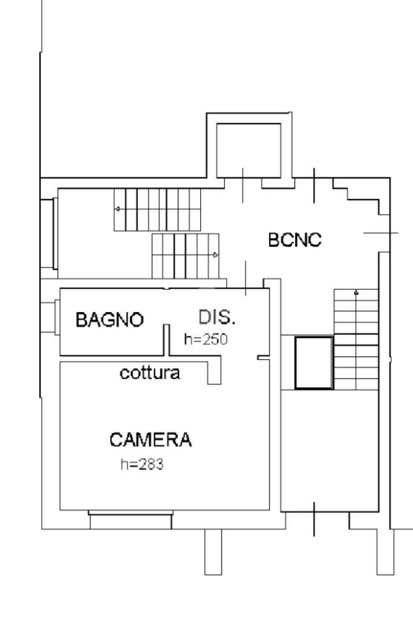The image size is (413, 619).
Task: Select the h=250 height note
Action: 206,339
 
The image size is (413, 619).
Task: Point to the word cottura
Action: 150,373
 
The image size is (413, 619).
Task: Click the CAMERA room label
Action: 151,440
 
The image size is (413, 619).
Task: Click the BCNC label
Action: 296,240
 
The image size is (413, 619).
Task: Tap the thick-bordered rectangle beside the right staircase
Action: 313,362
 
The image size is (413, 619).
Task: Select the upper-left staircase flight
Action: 157,209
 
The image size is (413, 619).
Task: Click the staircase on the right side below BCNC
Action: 356,339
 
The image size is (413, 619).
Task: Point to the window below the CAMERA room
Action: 131,519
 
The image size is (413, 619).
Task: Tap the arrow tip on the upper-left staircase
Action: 118,209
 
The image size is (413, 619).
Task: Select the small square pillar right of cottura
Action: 214,373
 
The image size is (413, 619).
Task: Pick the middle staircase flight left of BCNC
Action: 184,255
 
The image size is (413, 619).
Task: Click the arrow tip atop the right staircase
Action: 356,293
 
